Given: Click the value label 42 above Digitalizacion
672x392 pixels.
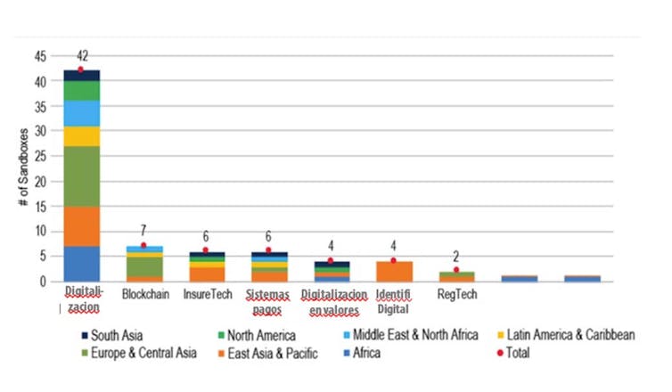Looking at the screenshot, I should [82, 55].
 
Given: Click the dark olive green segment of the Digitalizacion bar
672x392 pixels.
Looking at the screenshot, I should [82, 176].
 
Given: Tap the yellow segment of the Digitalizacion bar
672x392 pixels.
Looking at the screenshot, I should [82, 135].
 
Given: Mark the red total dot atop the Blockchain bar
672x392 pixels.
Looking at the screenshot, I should [143, 245].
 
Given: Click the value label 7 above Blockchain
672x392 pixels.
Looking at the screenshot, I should [143, 232].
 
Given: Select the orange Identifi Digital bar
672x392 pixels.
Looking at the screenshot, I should [393, 271].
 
